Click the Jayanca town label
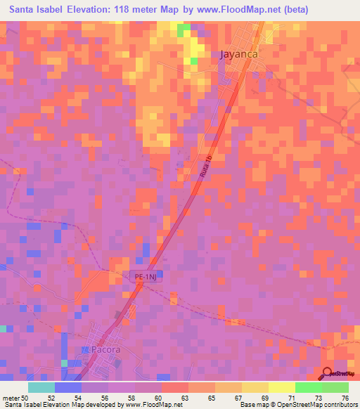click(x=240, y=53)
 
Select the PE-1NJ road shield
click(x=146, y=278)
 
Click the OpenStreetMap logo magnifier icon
click(x=328, y=372)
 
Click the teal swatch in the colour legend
click(x=41, y=387)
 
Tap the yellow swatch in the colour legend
click(x=282, y=387)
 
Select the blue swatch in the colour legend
click(x=68, y=387)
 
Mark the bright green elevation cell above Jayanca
click(x=184, y=30)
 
